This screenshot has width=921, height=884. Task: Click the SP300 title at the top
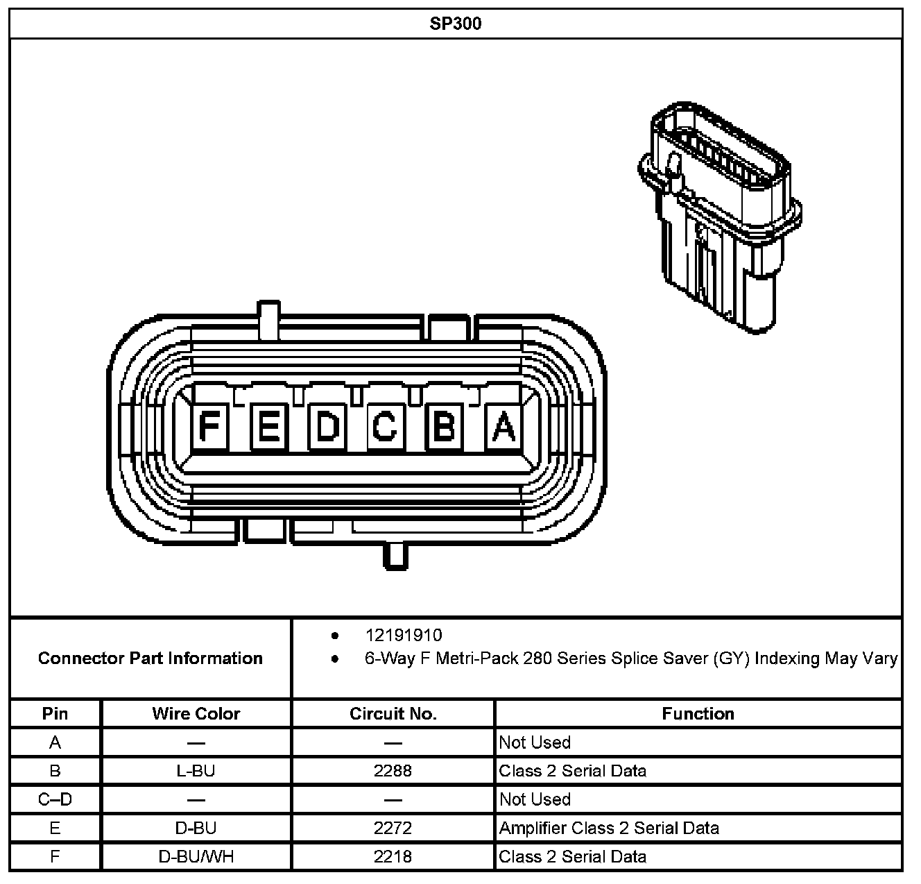click(x=456, y=24)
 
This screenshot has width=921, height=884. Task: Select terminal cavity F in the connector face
click(x=209, y=427)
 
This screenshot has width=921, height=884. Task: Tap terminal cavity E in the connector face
click(x=268, y=427)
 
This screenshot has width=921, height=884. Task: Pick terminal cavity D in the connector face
click(x=327, y=427)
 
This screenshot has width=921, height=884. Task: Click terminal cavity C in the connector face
click(x=385, y=427)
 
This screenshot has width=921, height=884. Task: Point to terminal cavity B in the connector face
click(x=444, y=427)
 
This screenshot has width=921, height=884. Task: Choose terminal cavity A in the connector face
click(x=503, y=427)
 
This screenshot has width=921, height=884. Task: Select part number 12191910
click(x=404, y=635)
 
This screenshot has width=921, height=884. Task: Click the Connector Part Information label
click(x=150, y=658)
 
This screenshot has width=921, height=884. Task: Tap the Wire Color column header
click(x=196, y=713)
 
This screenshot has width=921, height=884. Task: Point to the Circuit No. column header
click(x=393, y=713)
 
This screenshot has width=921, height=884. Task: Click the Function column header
click(x=698, y=713)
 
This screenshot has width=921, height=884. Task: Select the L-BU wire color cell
click(x=196, y=771)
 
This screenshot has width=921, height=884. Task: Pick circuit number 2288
click(x=393, y=771)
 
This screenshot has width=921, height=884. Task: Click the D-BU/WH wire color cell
click(x=196, y=857)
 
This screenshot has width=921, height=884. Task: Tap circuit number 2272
click(x=393, y=828)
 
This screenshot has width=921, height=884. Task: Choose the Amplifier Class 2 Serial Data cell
click(x=609, y=828)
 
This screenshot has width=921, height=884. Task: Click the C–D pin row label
click(x=55, y=799)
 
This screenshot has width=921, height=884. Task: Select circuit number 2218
click(x=393, y=857)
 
